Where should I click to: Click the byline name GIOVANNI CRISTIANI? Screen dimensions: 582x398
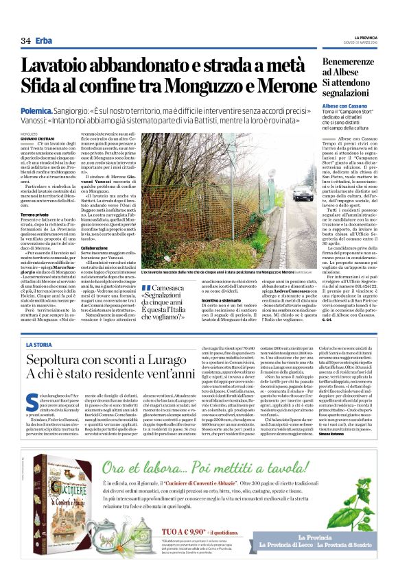(40, 137)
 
